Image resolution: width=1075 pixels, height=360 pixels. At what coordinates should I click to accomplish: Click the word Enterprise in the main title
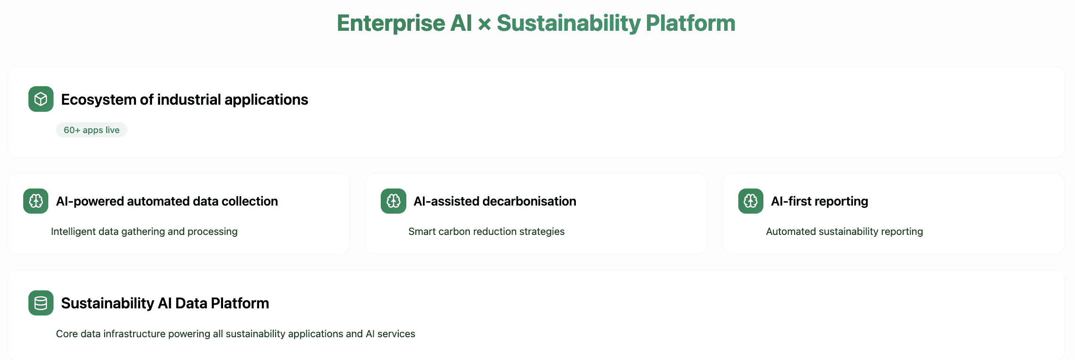(391, 24)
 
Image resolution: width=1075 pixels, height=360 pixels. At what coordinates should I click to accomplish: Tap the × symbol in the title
(484, 24)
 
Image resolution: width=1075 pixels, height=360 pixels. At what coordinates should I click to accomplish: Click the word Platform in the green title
(690, 23)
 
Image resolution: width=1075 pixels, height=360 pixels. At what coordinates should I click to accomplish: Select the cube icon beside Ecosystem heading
(41, 99)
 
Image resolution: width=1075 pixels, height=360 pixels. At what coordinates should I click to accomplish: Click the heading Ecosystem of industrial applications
(185, 99)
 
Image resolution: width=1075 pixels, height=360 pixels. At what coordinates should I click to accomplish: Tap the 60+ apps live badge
(91, 130)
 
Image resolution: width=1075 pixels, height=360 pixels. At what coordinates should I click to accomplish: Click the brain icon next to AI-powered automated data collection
(36, 201)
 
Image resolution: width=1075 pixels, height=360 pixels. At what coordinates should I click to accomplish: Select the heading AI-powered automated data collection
(167, 201)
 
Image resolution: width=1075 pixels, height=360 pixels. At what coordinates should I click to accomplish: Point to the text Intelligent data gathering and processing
(144, 232)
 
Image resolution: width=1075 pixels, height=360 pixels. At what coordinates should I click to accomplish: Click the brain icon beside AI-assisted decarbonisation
(394, 201)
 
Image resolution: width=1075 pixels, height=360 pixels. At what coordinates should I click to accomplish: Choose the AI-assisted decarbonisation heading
(495, 201)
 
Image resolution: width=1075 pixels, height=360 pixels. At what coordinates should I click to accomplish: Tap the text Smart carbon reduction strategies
(486, 232)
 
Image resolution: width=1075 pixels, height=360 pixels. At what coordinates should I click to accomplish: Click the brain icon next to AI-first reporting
(751, 201)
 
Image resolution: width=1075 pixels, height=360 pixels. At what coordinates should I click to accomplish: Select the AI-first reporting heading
(820, 201)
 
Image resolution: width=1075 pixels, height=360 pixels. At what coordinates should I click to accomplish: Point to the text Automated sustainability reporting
(844, 232)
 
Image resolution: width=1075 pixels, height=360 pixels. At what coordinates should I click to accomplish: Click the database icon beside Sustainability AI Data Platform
(41, 303)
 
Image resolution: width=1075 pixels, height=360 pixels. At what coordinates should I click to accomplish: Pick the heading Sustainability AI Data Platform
(165, 303)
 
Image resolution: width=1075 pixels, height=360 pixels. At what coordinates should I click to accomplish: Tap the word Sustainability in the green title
(569, 24)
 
